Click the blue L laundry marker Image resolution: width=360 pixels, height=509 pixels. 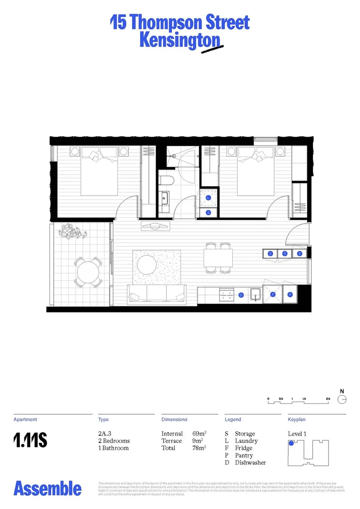pyautogui.click(x=209, y=198)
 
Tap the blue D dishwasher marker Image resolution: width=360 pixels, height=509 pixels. pyautogui.click(x=241, y=295)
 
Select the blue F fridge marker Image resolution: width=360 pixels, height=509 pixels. pyautogui.click(x=272, y=295)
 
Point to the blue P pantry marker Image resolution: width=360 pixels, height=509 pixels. pyautogui.click(x=290, y=295)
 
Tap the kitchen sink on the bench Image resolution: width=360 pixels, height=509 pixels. pyautogui.click(x=256, y=295)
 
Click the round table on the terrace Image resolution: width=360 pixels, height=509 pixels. pyautogui.click(x=88, y=272)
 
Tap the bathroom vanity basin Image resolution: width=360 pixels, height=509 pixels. pyautogui.click(x=164, y=198)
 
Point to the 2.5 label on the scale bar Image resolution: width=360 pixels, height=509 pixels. pyautogui.click(x=327, y=399)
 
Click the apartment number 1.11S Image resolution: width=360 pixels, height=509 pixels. pyautogui.click(x=30, y=441)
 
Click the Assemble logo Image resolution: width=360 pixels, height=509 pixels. pyautogui.click(x=48, y=488)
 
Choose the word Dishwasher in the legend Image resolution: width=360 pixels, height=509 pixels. pyautogui.click(x=250, y=462)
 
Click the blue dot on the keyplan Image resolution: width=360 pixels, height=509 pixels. pyautogui.click(x=291, y=443)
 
